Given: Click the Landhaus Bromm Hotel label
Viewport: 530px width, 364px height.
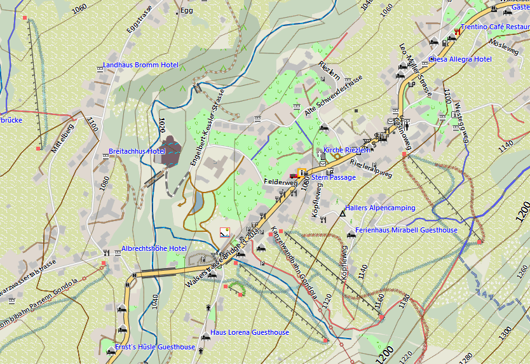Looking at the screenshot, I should [140, 65].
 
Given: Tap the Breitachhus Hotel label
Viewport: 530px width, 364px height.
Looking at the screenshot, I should [137, 152].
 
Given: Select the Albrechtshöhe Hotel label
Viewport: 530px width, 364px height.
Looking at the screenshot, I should [154, 248].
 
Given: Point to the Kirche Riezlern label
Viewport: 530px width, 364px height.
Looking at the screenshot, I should [347, 151].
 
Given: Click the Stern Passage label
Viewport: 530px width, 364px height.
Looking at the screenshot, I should [334, 178].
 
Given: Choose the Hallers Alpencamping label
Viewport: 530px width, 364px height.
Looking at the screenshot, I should [380, 208].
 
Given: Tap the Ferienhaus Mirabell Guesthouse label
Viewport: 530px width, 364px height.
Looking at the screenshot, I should [406, 230].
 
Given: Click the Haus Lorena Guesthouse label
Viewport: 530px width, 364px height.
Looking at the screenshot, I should [249, 333].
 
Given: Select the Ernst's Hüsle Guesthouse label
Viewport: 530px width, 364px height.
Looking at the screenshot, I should [155, 347].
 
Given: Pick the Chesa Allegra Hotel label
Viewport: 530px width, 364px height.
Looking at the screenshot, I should [460, 60].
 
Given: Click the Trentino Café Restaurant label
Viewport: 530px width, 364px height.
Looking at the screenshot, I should [494, 27].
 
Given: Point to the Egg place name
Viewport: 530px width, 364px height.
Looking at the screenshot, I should [186, 11].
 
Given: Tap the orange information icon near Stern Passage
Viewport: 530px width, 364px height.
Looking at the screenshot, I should [301, 172].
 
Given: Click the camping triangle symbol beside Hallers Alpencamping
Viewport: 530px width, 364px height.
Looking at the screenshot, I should [343, 214].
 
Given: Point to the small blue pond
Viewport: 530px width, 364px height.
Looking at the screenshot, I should [199, 203].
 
